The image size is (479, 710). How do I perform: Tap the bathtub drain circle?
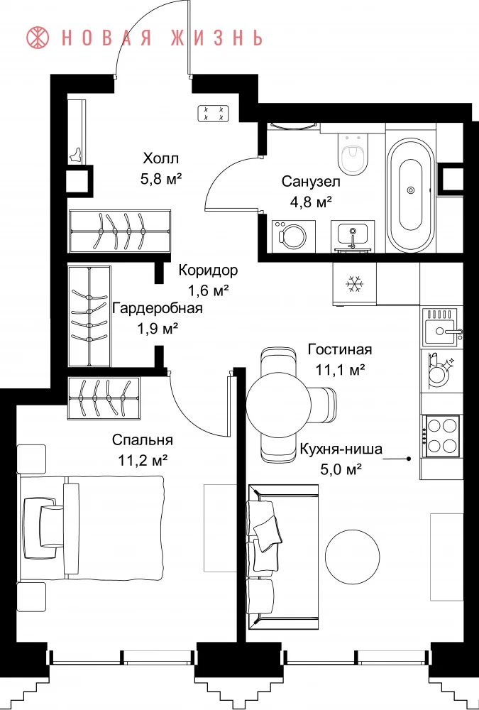(x=411, y=190)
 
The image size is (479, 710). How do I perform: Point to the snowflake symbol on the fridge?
(x=355, y=284)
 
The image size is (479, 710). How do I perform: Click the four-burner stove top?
(x=441, y=436)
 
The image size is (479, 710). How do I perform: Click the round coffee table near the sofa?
(x=353, y=557)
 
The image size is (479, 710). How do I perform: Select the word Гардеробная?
(x=157, y=309)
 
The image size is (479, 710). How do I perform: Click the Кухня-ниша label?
(x=341, y=449)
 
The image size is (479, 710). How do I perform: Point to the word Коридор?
(x=208, y=271)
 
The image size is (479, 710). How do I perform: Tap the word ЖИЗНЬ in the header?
(x=215, y=38)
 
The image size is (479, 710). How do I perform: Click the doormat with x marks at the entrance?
(x=213, y=113)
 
